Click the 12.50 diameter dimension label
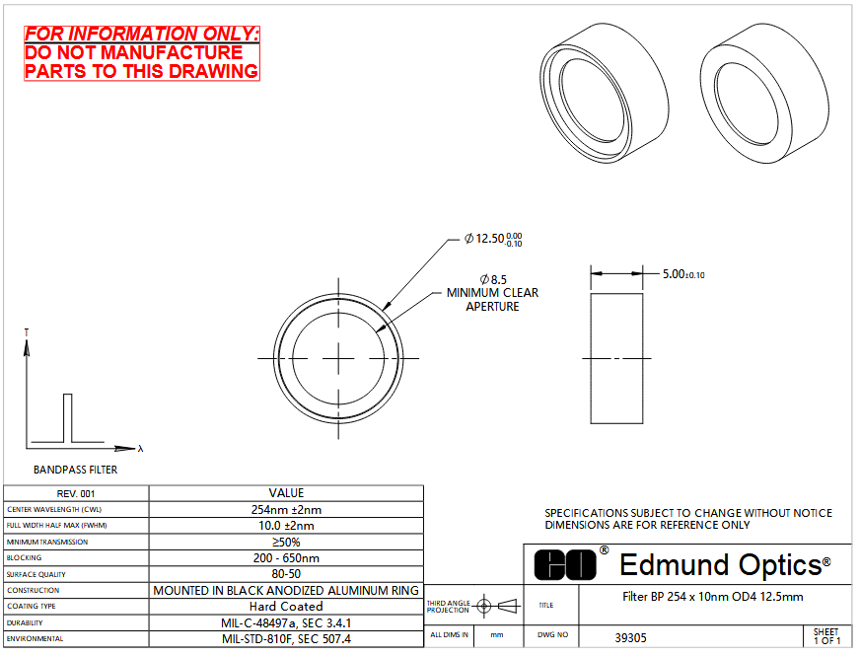point(493,239)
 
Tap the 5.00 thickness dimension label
point(683,274)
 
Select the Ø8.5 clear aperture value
point(493,280)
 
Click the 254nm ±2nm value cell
point(286,510)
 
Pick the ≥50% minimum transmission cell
point(286,542)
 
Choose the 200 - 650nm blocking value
point(286,557)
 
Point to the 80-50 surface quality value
point(286,574)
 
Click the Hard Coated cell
point(286,606)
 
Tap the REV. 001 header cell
point(76,493)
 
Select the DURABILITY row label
point(25,623)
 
